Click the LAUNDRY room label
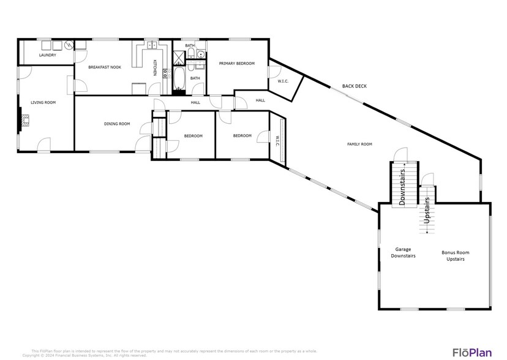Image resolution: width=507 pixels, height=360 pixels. tap(47, 55)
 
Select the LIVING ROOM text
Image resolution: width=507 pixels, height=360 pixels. tap(43, 102)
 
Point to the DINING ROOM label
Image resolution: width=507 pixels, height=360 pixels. tap(116, 124)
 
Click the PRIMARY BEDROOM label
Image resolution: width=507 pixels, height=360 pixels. tap(236, 63)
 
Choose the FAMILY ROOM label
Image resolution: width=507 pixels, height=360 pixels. tap(359, 144)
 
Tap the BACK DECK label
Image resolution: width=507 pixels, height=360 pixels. tap(354, 86)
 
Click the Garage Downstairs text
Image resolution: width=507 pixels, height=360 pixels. tap(403, 252)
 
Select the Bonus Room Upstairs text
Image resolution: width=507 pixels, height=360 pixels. tap(456, 255)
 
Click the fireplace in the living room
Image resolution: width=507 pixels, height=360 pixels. tap(22, 120)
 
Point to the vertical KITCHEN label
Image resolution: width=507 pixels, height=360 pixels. tap(155, 68)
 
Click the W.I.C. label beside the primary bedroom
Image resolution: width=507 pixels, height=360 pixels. tap(283, 81)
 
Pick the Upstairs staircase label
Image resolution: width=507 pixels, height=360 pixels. tap(427, 209)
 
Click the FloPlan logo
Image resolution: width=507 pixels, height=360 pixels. tap(471, 351)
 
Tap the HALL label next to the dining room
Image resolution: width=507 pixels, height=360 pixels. tap(195, 102)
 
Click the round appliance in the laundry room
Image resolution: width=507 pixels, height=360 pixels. tap(69, 45)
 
